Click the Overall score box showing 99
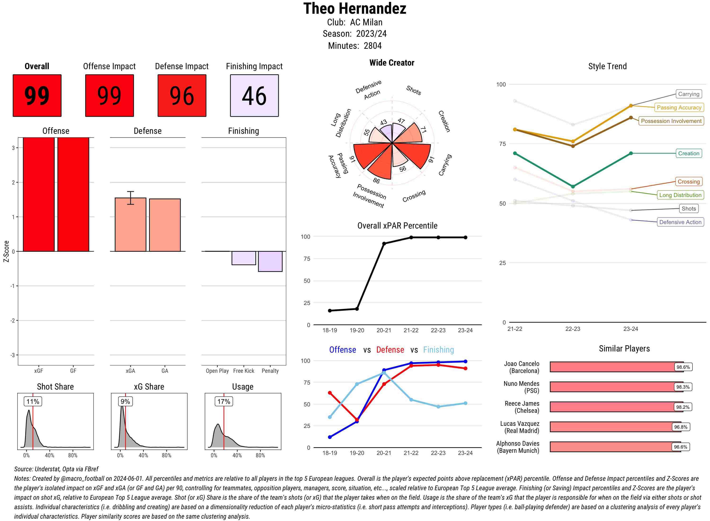tap(37, 96)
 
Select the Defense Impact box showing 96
tap(182, 96)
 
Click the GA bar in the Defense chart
tap(165, 225)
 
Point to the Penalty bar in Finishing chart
tap(270, 261)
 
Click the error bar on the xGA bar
tap(130, 198)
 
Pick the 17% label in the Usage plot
tap(224, 401)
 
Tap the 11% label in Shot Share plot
tap(33, 401)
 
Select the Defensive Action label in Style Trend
tap(680, 222)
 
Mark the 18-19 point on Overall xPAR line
tap(330, 311)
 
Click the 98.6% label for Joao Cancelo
tap(683, 367)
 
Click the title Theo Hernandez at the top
tap(355, 9)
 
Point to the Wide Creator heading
tap(392, 63)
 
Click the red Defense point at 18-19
tap(330, 393)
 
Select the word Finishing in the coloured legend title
tap(438, 350)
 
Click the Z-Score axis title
tap(6, 251)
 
